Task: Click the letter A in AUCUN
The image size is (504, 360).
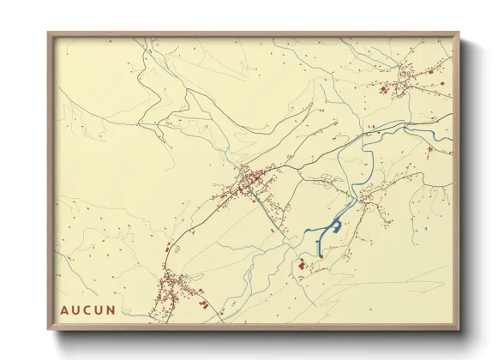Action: (x=64, y=309)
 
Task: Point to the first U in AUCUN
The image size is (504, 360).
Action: (x=81, y=309)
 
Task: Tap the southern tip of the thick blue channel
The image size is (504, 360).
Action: (x=320, y=255)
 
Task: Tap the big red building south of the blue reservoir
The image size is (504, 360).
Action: (x=302, y=267)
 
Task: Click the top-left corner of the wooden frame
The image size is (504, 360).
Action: (x=49, y=34)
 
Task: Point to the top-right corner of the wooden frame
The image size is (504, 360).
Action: (x=459, y=34)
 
